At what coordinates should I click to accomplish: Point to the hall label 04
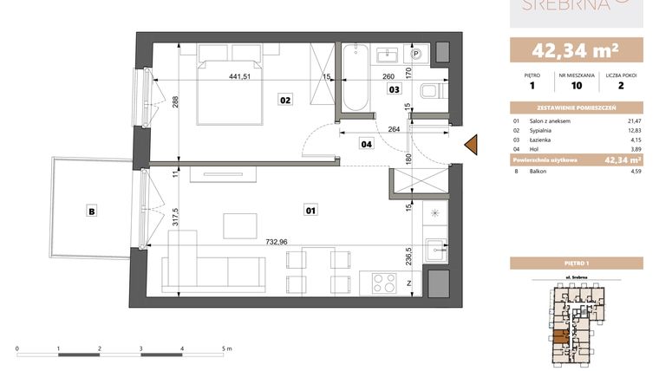pos(366,145)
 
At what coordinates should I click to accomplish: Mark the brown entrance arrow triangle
pos(472,146)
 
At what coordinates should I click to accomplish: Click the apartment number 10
pos(577,86)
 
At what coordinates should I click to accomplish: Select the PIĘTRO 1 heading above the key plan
pos(577,263)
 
